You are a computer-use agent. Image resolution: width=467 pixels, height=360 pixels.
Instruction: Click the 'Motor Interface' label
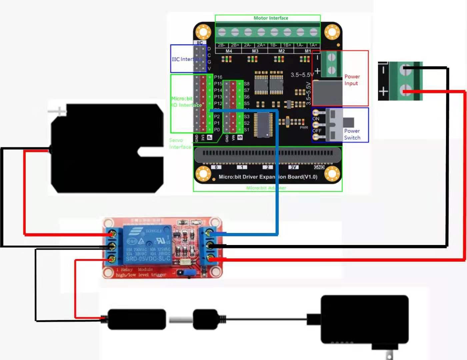[x=271, y=18]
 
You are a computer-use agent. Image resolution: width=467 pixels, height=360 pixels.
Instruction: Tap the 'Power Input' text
[x=352, y=80]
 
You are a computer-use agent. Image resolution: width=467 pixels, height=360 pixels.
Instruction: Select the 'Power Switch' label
[x=352, y=134]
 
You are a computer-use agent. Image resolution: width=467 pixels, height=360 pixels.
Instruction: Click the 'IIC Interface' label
[x=186, y=59]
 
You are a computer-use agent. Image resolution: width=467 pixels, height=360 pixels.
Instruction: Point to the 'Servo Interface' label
[x=180, y=144]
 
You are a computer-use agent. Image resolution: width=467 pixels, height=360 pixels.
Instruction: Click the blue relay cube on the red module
[x=148, y=245]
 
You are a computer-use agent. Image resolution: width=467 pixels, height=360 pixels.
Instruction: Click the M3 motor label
[x=255, y=51]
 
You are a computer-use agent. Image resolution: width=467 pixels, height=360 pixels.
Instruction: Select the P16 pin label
[x=218, y=77]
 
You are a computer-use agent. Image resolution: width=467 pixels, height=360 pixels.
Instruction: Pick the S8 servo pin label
[x=247, y=84]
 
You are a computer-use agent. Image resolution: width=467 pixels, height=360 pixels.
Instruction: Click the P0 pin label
[x=217, y=130]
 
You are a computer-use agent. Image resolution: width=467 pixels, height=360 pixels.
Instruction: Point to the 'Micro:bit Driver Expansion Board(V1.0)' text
[x=268, y=177]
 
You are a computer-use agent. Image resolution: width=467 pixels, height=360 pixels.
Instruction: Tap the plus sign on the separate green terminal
[x=383, y=91]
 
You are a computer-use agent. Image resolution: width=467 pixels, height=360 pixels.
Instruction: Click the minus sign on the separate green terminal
[x=383, y=70]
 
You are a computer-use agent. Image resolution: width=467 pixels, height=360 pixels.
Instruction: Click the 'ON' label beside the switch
[x=316, y=119]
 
